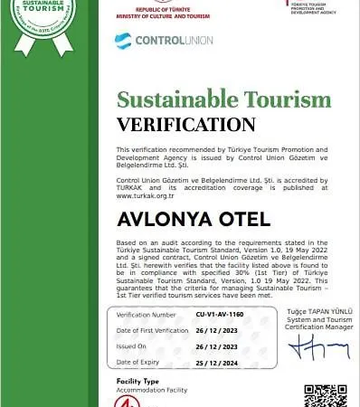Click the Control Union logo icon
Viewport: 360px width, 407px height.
(x=123, y=41)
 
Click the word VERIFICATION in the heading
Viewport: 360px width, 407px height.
(x=186, y=124)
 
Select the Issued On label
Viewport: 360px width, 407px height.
(x=133, y=346)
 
